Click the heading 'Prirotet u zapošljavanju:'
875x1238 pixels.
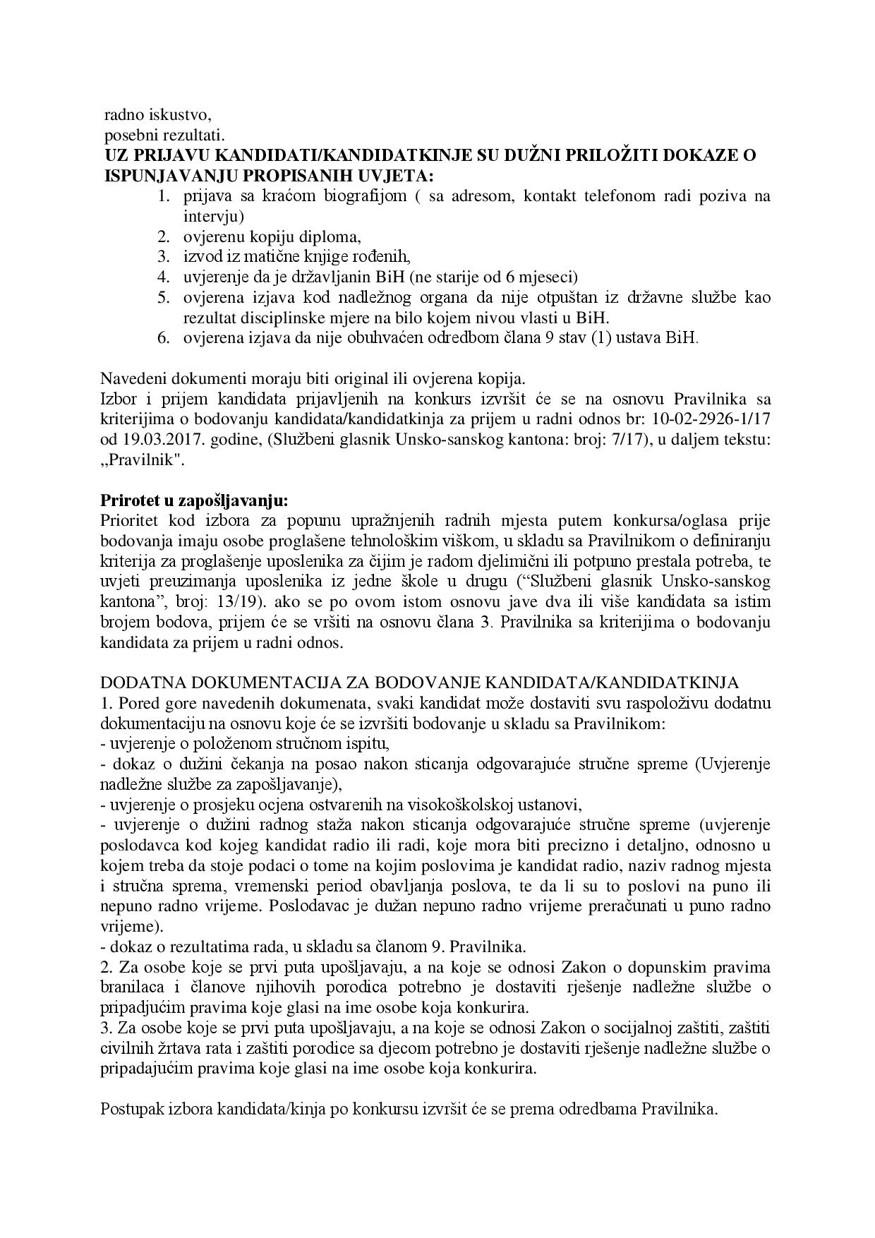pos(194,500)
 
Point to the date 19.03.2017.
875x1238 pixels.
pos(157,439)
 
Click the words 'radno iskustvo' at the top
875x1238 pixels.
pos(157,114)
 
